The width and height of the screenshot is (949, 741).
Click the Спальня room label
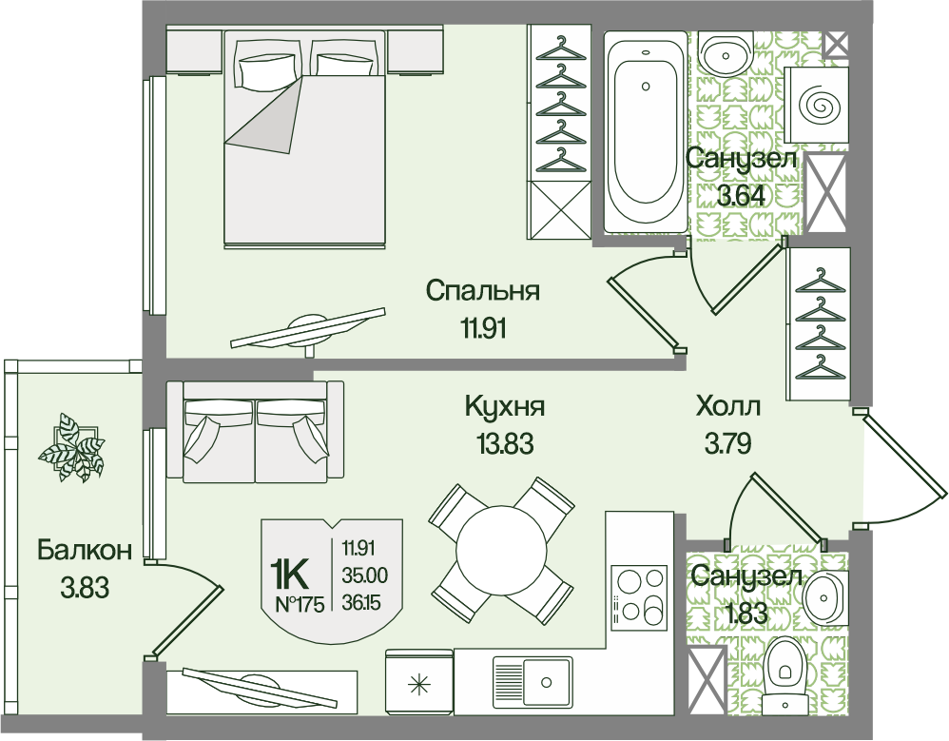tap(482, 291)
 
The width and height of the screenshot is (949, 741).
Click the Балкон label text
tap(84, 551)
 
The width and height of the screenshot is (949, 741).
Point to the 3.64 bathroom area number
tap(741, 196)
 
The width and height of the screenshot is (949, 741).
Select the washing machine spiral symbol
tap(819, 105)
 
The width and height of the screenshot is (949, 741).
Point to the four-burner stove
tap(639, 598)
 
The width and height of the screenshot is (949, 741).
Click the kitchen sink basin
tap(533, 682)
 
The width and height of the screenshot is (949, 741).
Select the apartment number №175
tap(300, 603)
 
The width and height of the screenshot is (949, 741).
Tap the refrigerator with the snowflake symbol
tap(418, 682)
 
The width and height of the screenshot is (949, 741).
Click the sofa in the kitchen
tap(255, 432)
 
